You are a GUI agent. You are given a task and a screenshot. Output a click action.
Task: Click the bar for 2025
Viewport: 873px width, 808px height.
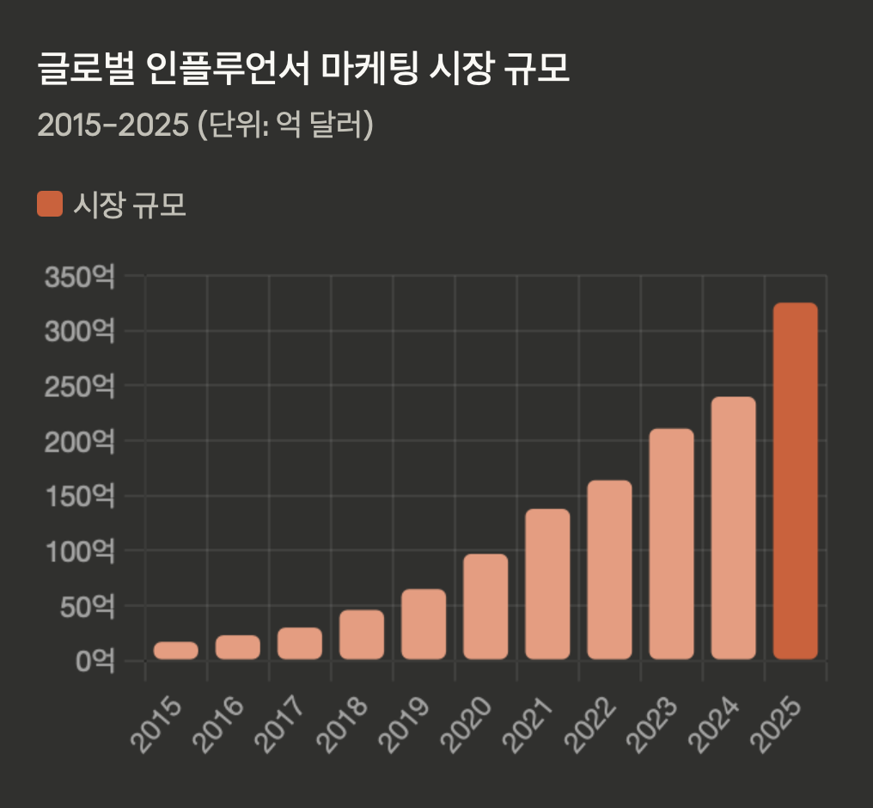coord(795,481)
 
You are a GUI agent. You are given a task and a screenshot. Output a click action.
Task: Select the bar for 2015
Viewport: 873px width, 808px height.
coord(176,651)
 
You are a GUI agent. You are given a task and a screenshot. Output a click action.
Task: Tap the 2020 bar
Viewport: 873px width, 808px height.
coord(485,607)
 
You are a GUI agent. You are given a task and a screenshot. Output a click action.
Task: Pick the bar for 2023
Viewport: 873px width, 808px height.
coord(671,544)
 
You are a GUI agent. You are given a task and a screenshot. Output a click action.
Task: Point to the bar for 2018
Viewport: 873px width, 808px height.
coord(362,634)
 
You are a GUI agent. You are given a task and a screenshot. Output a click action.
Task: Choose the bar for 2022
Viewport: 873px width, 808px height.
coord(609,570)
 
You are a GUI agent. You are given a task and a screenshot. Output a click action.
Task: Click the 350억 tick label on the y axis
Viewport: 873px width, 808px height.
coord(79,277)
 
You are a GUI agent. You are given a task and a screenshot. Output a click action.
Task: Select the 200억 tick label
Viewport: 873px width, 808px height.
coord(79,442)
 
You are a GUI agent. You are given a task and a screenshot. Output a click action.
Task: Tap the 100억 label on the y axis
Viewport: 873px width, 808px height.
coord(79,551)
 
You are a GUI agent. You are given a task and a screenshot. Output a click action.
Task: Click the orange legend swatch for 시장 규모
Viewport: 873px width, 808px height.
coord(50,205)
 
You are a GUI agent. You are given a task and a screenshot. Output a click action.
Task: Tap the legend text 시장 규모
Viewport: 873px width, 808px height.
coord(130,205)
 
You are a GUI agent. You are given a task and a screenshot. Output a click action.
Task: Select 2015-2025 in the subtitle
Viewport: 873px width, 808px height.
coord(113,125)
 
